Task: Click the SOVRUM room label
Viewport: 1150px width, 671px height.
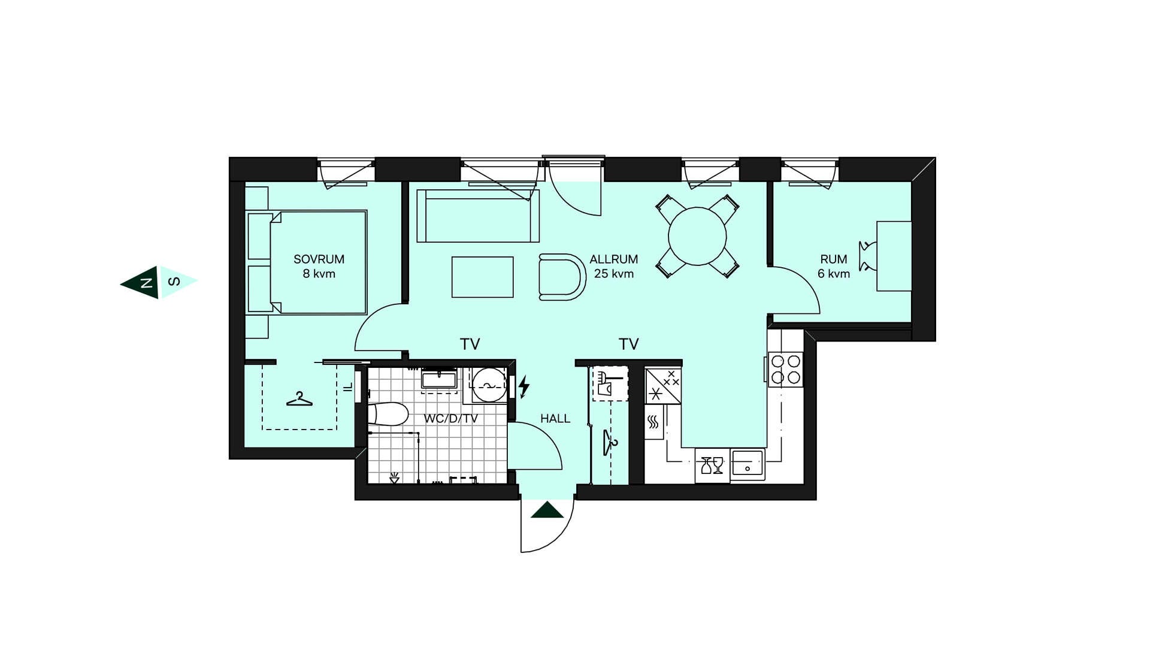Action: point(319,259)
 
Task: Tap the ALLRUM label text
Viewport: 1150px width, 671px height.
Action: point(613,259)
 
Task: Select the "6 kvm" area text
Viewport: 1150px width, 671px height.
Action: point(834,274)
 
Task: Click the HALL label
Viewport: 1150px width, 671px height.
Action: point(555,419)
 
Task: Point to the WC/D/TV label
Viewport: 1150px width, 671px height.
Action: point(451,419)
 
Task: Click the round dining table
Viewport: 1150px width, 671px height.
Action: point(697,236)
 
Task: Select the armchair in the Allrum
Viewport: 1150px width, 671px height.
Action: point(562,277)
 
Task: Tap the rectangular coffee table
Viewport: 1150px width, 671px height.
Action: point(483,277)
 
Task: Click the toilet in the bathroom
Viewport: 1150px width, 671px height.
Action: point(388,414)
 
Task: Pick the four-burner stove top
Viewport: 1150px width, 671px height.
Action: point(786,369)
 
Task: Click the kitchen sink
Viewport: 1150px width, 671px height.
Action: point(747,464)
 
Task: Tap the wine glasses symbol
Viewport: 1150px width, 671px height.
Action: point(712,465)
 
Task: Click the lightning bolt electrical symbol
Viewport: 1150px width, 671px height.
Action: point(524,386)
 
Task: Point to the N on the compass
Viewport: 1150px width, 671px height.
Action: point(146,282)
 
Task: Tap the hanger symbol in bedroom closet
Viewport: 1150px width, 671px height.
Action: point(299,399)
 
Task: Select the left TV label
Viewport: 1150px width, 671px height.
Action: point(470,344)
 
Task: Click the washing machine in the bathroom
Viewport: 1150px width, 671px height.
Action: point(489,384)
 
